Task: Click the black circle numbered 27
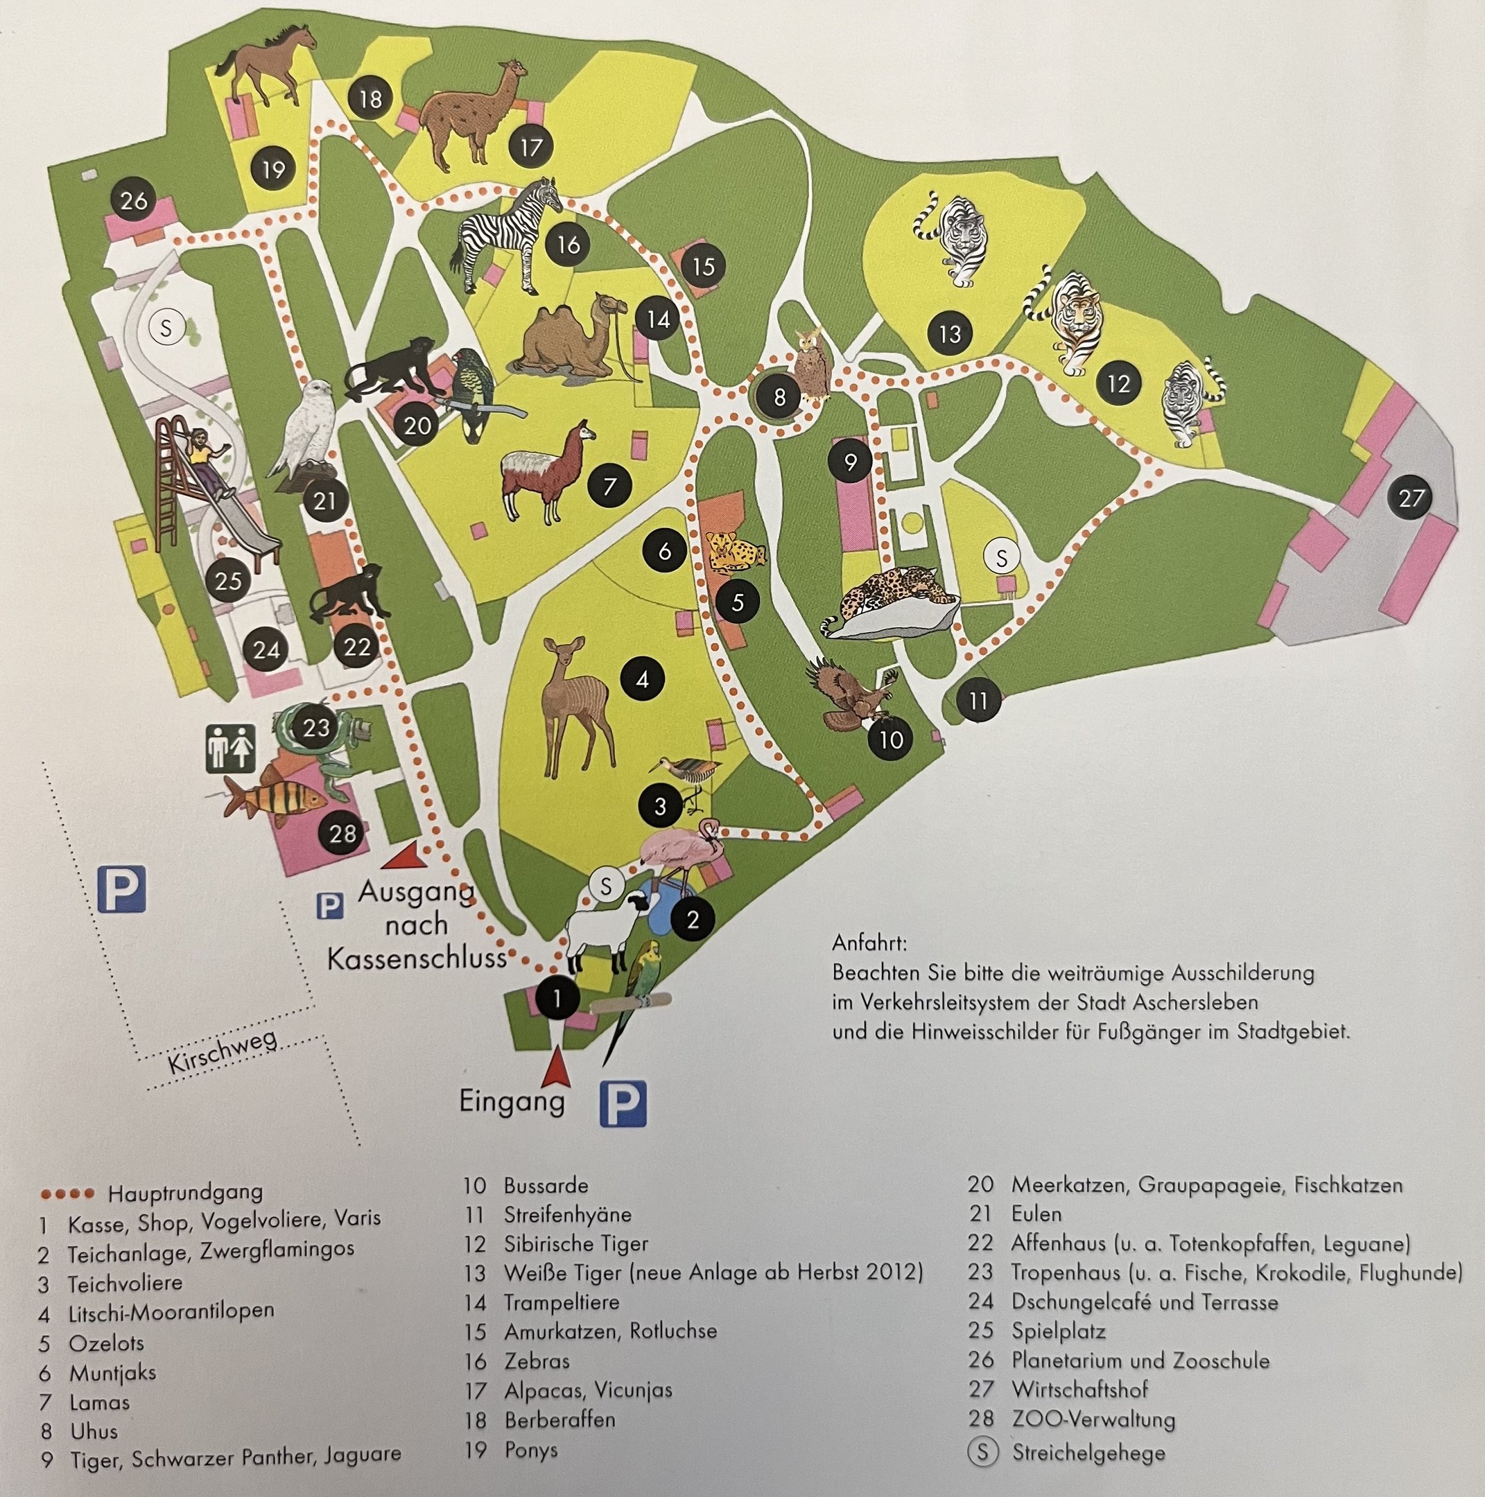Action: click(x=1411, y=497)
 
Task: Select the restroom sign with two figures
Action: click(x=230, y=747)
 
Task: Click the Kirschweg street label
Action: click(x=223, y=1051)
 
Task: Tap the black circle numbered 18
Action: click(x=370, y=98)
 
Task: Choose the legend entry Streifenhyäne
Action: click(x=566, y=1214)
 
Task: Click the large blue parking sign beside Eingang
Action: click(x=623, y=1103)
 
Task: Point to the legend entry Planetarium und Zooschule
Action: click(x=1139, y=1360)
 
